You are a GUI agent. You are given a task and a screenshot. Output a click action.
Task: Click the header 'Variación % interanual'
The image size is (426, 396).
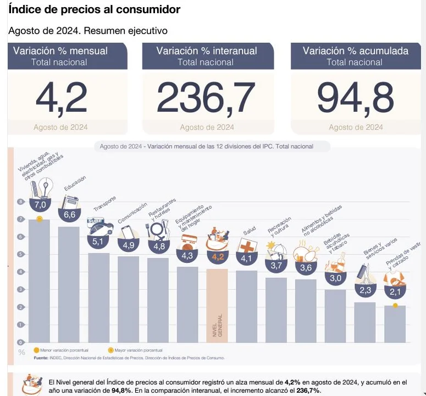pos(206,51)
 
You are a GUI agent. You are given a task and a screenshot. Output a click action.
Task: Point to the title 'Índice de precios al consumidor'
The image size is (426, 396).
pos(95,10)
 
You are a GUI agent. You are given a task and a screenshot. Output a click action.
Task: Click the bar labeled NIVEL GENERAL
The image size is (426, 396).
pos(217,305)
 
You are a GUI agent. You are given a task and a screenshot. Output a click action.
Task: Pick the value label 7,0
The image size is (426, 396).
pos(40,205)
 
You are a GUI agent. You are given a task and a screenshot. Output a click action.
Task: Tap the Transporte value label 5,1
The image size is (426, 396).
pos(99,241)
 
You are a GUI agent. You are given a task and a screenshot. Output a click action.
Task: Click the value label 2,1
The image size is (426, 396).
pos(395,291)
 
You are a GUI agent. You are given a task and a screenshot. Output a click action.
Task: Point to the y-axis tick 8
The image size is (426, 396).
pos(21,202)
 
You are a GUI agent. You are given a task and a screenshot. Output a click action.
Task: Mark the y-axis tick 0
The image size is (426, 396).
pos(21,342)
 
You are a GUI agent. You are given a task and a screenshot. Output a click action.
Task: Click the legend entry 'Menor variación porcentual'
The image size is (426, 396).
pos(63,350)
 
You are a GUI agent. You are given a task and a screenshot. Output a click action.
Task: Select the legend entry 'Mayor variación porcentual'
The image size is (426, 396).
pos(137,350)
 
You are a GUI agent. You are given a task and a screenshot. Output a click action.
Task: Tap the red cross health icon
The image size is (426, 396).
pos(247,247)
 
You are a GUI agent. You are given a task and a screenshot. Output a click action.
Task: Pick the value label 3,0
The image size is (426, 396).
pos(335,278)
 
